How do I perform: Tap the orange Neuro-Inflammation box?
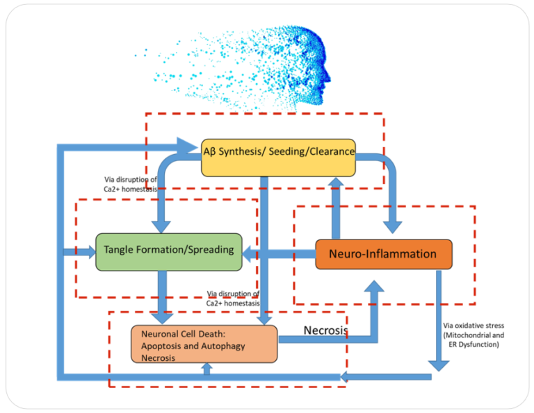click(383, 254)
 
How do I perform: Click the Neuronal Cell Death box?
click(204, 344)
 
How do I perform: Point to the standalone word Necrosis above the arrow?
click(325, 330)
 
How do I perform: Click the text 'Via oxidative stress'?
click(473, 325)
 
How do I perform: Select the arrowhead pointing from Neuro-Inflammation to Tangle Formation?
click(248, 255)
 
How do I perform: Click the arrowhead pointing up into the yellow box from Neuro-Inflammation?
click(336, 182)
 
